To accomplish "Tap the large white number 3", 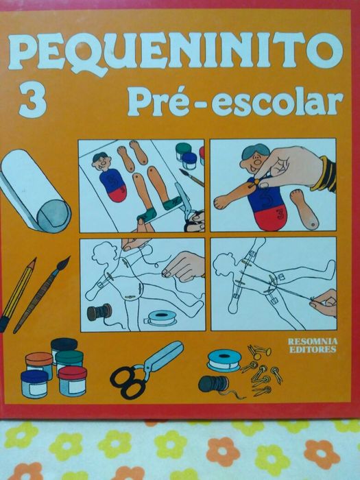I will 34,99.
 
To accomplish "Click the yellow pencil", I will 16,295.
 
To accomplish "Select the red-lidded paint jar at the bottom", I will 72,381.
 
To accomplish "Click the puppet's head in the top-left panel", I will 101,163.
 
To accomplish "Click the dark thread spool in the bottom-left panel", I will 100,312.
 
